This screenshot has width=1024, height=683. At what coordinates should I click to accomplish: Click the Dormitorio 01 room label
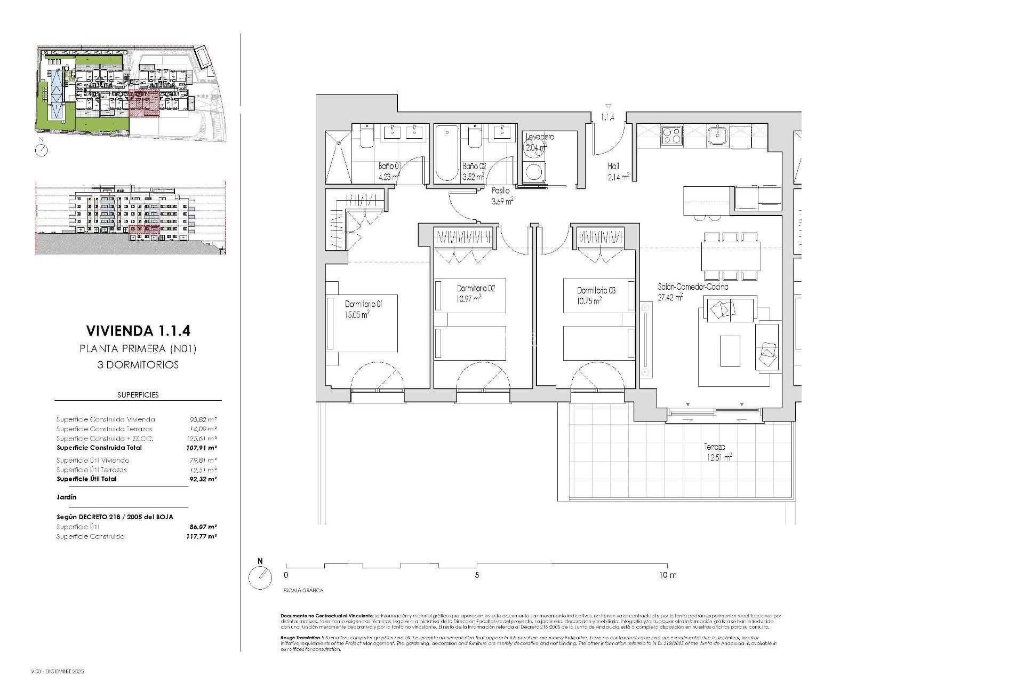click(364, 304)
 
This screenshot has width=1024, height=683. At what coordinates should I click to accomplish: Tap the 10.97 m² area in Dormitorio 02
click(469, 299)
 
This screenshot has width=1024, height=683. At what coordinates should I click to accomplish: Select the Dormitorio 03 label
click(596, 291)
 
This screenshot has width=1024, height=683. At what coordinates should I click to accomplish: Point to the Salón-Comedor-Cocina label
click(693, 287)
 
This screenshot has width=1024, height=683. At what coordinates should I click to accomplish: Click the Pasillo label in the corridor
click(501, 190)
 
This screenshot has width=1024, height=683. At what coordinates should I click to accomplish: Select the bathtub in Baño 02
click(446, 154)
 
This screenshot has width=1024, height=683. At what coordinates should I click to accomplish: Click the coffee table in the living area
click(730, 351)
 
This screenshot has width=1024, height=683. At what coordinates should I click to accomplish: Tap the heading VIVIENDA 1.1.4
click(138, 331)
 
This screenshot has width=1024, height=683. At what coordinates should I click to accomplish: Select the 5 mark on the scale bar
click(477, 575)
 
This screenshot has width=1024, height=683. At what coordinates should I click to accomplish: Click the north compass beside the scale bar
click(260, 577)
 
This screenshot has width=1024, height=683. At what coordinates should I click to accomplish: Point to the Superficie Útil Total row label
click(86, 479)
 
